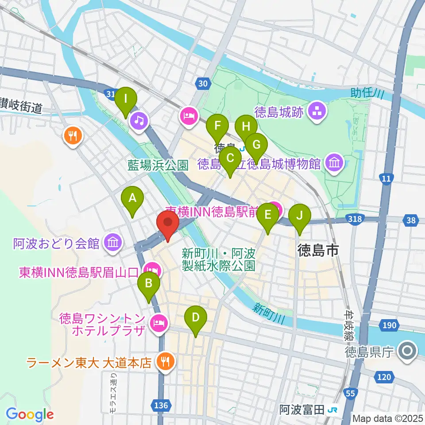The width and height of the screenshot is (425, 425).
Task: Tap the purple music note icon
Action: click(139, 120)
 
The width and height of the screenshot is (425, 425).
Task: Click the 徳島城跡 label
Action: click(279, 112)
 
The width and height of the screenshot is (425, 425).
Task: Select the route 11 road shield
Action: click(386, 178)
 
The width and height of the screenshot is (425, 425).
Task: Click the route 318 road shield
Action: click(355, 219)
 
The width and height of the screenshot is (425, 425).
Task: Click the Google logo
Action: click(30, 414)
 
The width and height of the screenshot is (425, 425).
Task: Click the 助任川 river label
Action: click(367, 93)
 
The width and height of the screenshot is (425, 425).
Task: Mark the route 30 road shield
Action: click(202, 83)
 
